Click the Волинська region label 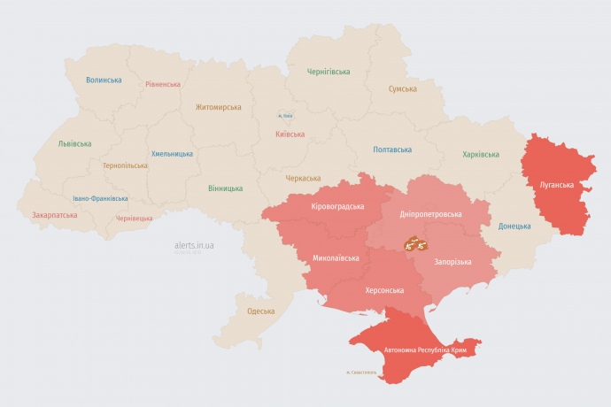click(x=104, y=81)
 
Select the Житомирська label click(x=218, y=107)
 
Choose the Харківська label click(x=480, y=154)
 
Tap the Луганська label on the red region click(x=556, y=185)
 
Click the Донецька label click(x=514, y=226)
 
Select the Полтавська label click(x=392, y=150)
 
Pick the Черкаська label click(x=303, y=178)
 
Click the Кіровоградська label click(x=337, y=206)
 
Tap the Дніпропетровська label click(x=431, y=215)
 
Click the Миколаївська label click(x=336, y=258)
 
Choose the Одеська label click(x=260, y=311)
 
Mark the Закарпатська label click(x=55, y=215)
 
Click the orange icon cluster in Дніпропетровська click(x=414, y=242)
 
